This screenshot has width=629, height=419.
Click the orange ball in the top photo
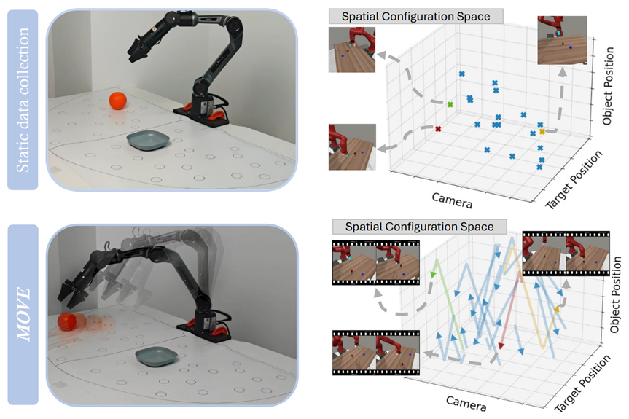[118, 101]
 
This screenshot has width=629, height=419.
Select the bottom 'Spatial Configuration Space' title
[413, 227]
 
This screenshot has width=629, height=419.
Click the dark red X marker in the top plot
[438, 129]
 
